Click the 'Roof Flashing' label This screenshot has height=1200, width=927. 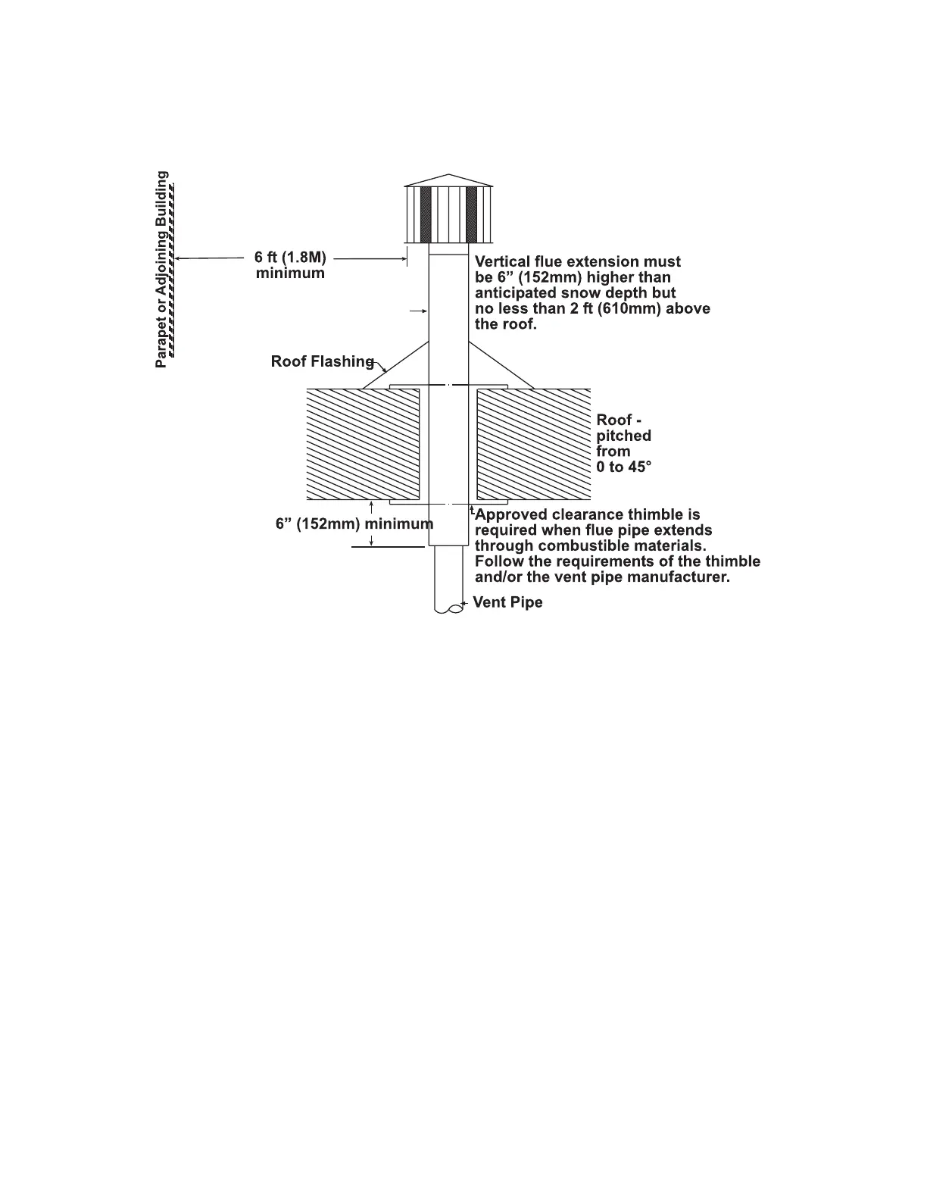tap(322, 361)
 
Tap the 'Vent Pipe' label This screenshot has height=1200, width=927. tap(507, 602)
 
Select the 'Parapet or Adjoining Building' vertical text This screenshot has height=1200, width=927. tap(161, 269)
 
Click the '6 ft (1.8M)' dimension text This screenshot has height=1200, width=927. tap(290, 257)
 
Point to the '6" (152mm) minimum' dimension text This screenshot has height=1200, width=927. tap(354, 523)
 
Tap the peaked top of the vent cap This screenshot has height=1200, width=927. tap(448, 180)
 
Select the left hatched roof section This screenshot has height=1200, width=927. tap(362, 444)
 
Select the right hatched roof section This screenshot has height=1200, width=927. tap(533, 444)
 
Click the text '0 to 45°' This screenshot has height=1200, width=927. tap(623, 467)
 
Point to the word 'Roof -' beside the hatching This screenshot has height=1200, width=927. tap(619, 420)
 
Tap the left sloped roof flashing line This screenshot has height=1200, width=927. tap(395, 365)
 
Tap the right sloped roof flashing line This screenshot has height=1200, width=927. tap(501, 365)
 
